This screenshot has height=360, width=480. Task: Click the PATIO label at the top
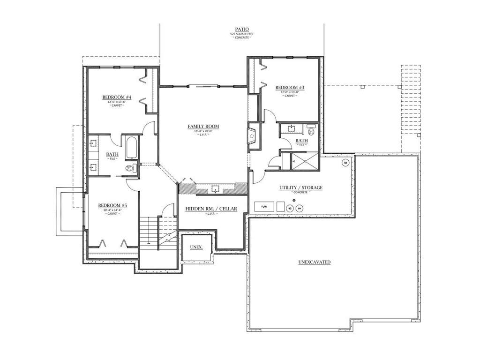(242, 29)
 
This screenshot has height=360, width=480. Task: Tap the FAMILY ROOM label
(203, 127)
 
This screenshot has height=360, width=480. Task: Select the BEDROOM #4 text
(117, 97)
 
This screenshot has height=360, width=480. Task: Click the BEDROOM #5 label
(112, 205)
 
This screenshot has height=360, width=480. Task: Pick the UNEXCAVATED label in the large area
(314, 262)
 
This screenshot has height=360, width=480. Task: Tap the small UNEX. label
(196, 247)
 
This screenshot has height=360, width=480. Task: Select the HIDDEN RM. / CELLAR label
(211, 209)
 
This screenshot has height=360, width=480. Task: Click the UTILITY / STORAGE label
(300, 188)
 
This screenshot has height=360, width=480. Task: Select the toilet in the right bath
(310, 127)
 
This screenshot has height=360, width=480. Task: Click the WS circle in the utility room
(290, 208)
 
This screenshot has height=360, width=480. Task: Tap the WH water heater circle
(300, 208)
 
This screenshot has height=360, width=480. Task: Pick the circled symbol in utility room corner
(345, 163)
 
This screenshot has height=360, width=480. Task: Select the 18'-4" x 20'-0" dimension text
(203, 132)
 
